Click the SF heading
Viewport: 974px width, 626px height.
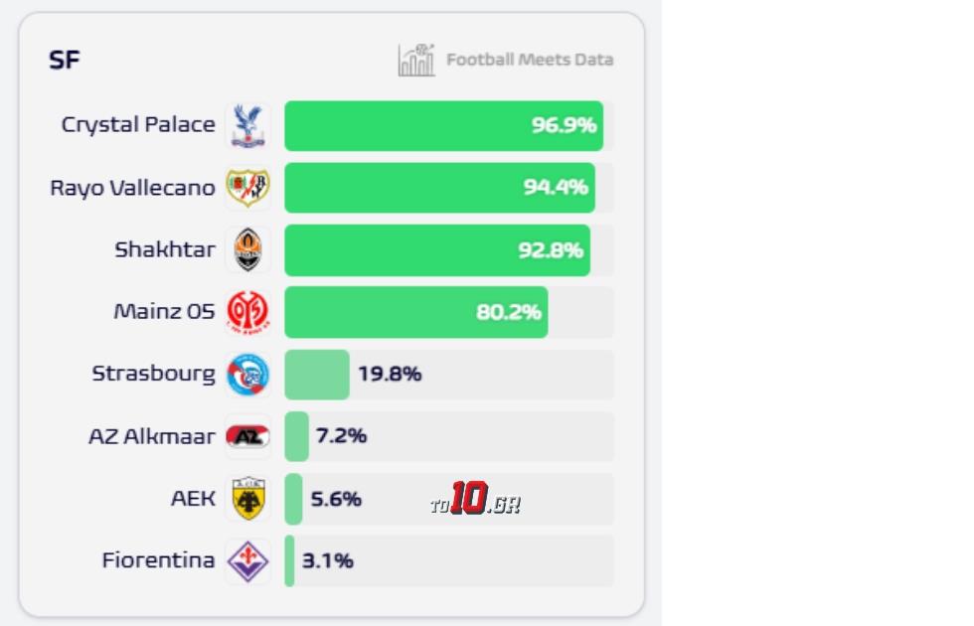click(65, 61)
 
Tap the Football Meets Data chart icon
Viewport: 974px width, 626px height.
click(416, 61)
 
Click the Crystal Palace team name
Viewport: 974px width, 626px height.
click(138, 125)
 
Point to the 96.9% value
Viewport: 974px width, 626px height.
click(564, 125)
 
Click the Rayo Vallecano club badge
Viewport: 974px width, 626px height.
click(246, 188)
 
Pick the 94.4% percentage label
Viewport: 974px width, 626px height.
click(556, 188)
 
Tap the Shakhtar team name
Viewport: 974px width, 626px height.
click(164, 250)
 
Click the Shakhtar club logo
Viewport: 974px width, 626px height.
click(246, 250)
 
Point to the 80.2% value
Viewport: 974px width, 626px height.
click(509, 312)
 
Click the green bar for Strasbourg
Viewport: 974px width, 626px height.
click(316, 375)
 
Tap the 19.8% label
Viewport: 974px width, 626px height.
click(390, 375)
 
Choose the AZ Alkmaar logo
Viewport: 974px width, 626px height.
click(246, 436)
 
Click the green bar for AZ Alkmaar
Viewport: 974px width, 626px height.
click(296, 436)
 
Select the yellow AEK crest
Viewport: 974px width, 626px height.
click(246, 499)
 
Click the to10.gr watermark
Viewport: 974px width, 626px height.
click(475, 500)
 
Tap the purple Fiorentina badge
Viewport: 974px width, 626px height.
click(246, 561)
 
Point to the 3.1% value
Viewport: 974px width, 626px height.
click(328, 561)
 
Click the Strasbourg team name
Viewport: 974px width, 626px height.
click(153, 375)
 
